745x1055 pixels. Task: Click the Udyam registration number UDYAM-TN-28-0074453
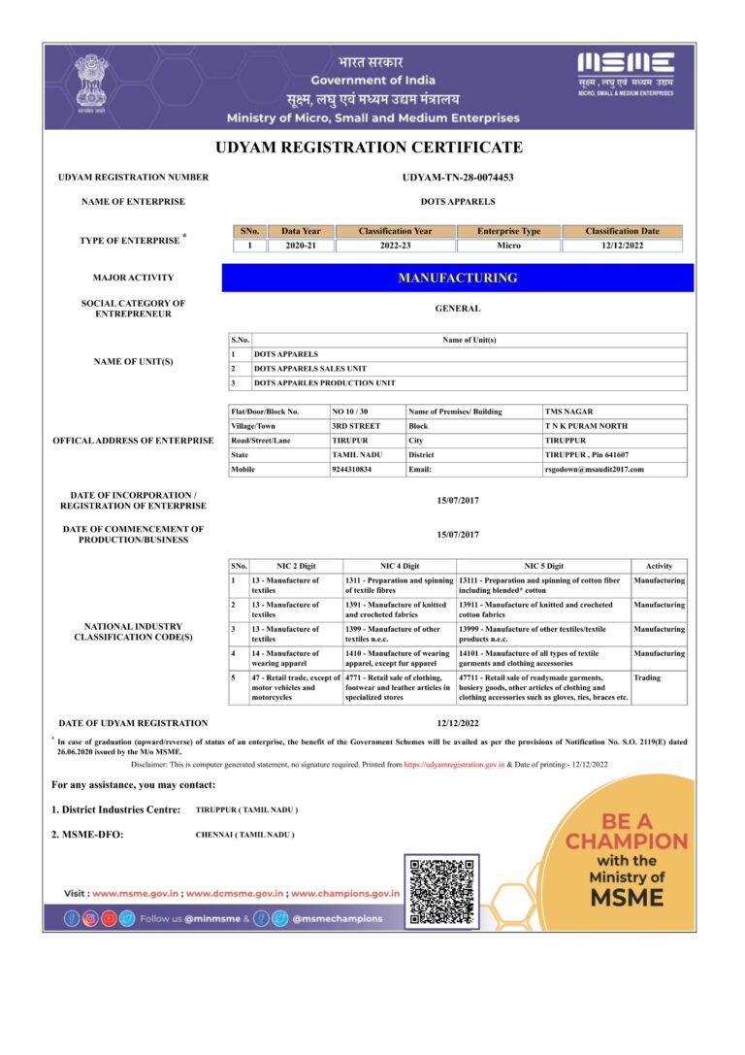[457, 178]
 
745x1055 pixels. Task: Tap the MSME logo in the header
[626, 73]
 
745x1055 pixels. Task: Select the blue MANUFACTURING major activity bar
[458, 278]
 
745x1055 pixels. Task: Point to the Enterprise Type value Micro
[508, 246]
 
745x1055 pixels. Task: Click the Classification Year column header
[395, 231]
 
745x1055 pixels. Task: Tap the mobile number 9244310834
[351, 469]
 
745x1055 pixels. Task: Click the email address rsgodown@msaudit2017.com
[594, 469]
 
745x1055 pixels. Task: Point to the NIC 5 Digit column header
[543, 566]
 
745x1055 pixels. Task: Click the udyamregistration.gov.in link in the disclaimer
[453, 765]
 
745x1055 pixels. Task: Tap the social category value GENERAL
[458, 309]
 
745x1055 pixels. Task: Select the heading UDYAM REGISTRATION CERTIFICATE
[369, 148]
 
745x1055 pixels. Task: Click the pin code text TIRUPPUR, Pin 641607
[586, 454]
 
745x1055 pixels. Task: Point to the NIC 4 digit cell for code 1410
[398, 659]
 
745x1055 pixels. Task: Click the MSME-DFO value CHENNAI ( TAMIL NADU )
[244, 835]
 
